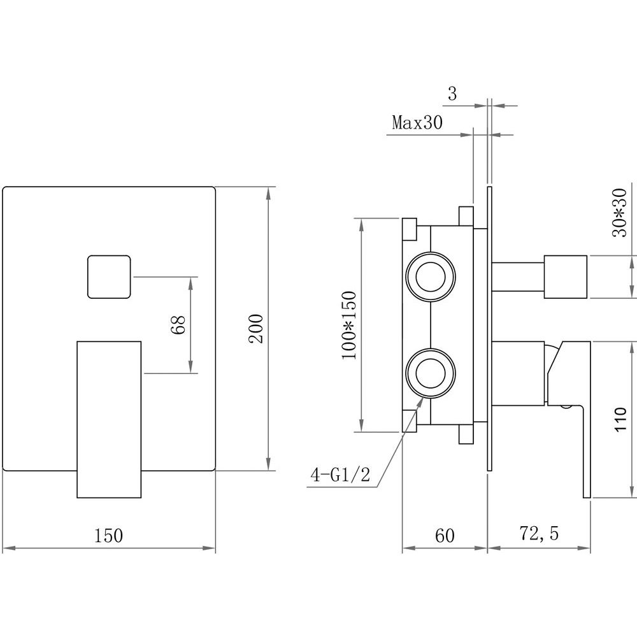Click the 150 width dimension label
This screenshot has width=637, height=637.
108,535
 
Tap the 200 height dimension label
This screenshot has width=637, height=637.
256,328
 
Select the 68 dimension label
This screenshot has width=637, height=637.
178,325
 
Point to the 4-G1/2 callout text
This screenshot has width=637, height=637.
340,475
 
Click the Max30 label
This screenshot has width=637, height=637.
417,122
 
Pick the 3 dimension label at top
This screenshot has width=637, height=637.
452,94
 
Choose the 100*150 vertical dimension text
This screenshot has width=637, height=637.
349,325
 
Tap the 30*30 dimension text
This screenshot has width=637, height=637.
620,213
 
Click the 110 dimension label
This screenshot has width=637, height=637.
621,419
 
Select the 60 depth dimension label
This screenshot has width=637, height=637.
445,536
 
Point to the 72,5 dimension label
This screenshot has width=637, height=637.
539,534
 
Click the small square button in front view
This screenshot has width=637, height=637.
110,276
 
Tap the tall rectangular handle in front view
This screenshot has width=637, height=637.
109,419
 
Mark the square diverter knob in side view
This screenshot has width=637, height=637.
566,276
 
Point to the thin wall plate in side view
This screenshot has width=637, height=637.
489,329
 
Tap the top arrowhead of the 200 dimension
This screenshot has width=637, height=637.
268,194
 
